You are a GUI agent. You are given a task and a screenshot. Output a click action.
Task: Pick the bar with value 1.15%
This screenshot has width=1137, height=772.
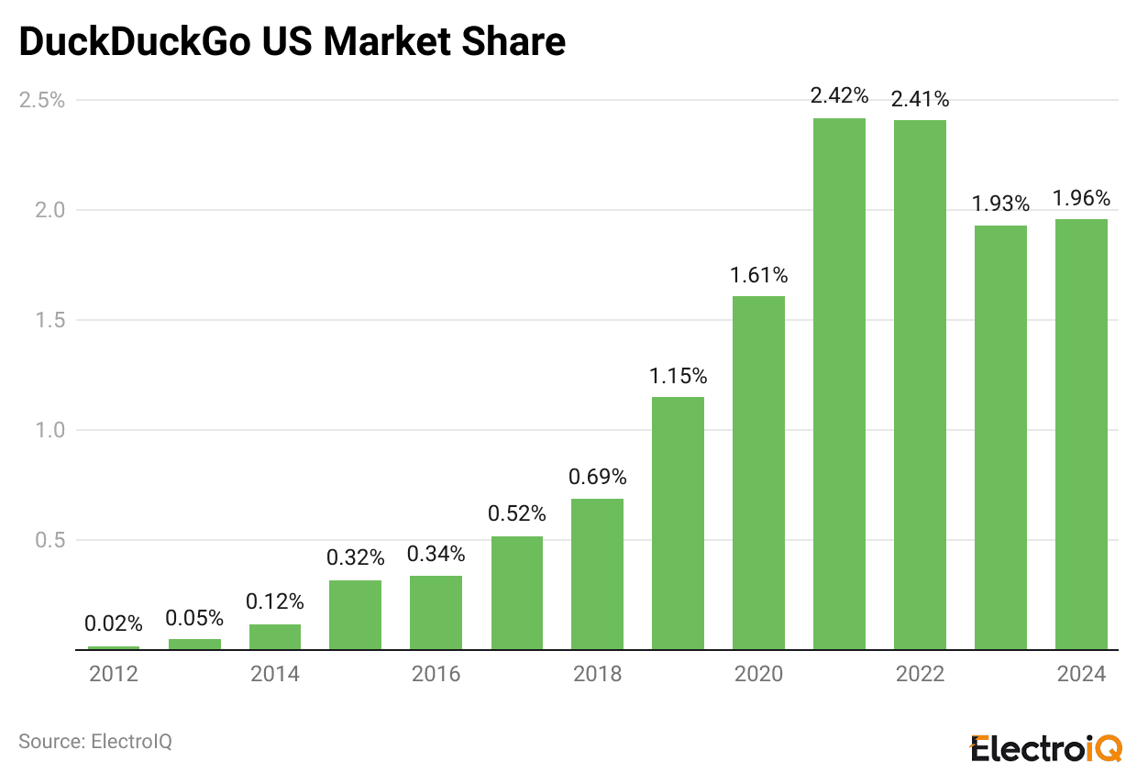tap(678, 523)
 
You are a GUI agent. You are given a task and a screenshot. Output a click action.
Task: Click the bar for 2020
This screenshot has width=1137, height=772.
tap(758, 472)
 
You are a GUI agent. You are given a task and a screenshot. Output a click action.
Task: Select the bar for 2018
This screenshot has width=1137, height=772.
tap(597, 574)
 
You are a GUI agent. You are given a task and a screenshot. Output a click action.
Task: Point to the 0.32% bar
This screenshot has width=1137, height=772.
tap(355, 614)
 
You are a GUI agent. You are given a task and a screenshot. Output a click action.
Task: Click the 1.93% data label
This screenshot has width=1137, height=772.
tap(1000, 204)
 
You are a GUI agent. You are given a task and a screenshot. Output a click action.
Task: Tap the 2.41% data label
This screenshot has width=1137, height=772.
tap(920, 98)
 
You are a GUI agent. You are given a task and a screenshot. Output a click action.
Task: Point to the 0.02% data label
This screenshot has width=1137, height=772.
tap(114, 623)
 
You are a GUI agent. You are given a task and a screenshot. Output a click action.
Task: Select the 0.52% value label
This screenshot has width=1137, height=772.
tap(516, 513)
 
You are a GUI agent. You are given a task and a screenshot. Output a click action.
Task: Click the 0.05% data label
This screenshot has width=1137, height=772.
tap(194, 617)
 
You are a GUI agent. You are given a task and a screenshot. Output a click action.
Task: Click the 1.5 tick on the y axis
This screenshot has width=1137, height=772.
tap(50, 320)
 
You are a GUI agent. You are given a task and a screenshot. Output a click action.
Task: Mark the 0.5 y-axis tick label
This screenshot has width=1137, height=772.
tap(50, 540)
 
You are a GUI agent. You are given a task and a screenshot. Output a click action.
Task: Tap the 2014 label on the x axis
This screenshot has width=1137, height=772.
tap(275, 675)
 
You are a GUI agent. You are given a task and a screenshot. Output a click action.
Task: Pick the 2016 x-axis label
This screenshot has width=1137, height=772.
tap(436, 675)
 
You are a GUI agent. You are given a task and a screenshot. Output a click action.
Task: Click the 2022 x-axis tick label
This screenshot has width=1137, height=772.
tap(920, 675)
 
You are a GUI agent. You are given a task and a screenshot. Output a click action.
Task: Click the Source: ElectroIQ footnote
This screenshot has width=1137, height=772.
tap(95, 741)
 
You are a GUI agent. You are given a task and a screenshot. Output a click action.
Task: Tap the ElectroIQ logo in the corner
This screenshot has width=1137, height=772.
tap(1046, 748)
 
